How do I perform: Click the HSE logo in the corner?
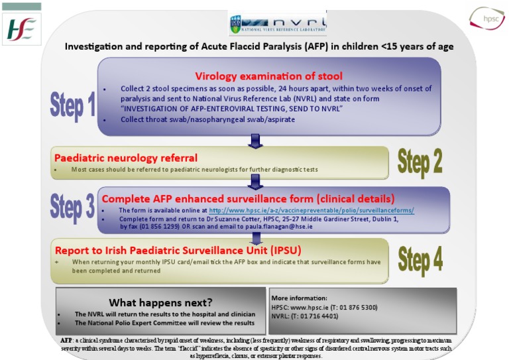[23, 29]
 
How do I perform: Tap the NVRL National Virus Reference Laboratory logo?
[278, 23]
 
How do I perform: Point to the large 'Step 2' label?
[420, 162]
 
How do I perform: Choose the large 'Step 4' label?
[420, 259]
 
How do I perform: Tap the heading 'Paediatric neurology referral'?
[126, 158]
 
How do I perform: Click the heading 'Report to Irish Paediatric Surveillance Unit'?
[178, 251]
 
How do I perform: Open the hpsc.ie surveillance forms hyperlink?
[311, 210]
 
